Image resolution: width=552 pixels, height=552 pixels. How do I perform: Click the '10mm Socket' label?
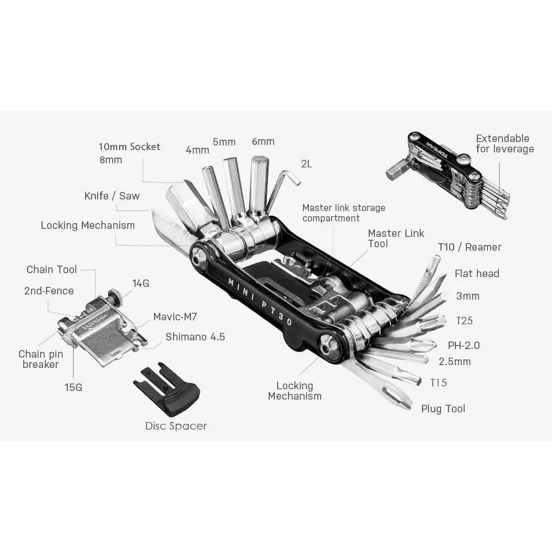click(129, 147)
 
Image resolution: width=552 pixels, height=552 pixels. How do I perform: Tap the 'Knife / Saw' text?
click(112, 196)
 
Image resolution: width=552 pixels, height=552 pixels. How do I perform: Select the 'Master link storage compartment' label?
click(343, 213)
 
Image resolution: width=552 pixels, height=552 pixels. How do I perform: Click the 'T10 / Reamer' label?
click(469, 247)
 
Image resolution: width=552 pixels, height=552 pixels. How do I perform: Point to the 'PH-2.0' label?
click(463, 346)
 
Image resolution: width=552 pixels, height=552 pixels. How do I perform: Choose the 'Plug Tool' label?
click(443, 409)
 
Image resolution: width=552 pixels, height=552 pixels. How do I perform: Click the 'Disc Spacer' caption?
click(175, 426)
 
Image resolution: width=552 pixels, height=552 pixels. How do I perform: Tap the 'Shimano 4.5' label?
click(195, 337)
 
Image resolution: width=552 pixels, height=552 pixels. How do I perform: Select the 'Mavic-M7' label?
click(175, 317)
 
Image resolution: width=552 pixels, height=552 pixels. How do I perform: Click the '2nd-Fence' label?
click(49, 291)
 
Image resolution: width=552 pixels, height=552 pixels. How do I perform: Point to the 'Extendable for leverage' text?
click(504, 144)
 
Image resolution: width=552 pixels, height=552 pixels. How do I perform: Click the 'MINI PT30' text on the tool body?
click(260, 301)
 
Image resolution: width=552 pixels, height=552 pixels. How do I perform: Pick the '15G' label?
click(73, 388)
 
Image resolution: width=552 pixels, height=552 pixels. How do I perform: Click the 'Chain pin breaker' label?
click(41, 359)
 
